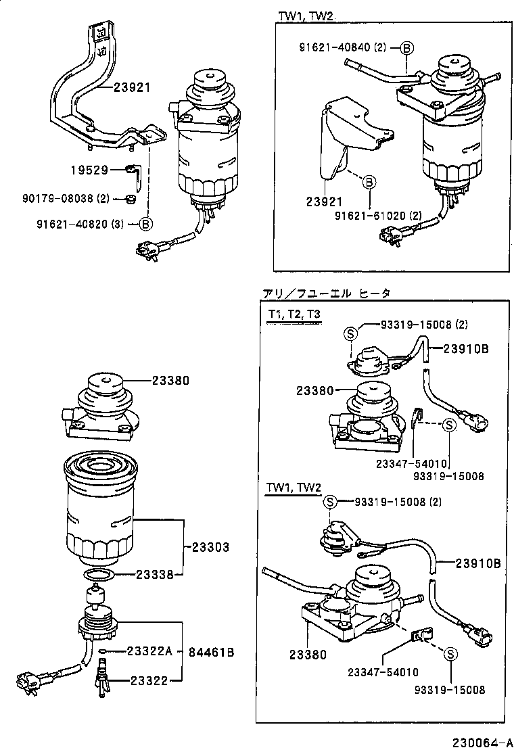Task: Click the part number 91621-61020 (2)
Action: tap(379, 216)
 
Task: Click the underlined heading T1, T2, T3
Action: tap(294, 315)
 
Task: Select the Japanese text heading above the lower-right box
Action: tap(326, 293)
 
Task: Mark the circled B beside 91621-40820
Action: tap(146, 223)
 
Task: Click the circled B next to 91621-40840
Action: tap(406, 47)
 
